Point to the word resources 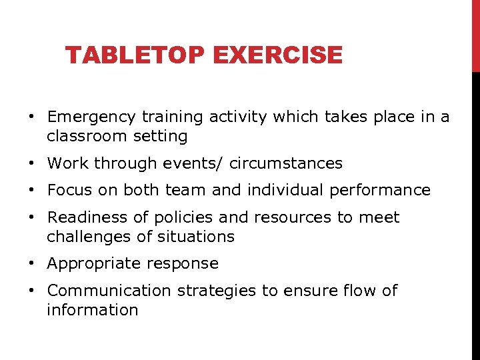pyautogui.click(x=274, y=217)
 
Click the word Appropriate pyautogui.click(x=90, y=264)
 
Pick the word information pyautogui.click(x=92, y=310)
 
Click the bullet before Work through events pyautogui.click(x=32, y=164)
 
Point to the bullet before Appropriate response pyautogui.click(x=32, y=264)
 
